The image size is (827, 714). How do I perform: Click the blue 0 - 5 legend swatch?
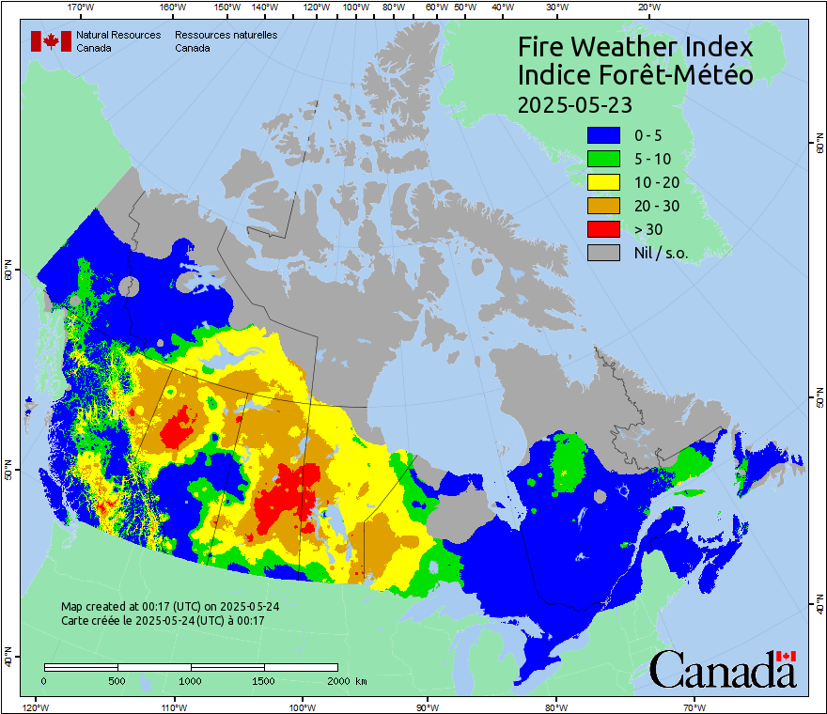tap(603, 135)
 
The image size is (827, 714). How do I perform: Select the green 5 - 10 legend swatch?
tap(603, 159)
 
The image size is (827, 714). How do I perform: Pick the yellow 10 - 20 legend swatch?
tap(603, 182)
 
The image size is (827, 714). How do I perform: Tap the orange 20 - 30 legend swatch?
tap(603, 206)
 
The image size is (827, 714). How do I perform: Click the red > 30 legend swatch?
tap(603, 229)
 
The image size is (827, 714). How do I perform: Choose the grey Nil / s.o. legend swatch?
tap(603, 253)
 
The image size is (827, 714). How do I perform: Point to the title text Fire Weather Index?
tap(635, 47)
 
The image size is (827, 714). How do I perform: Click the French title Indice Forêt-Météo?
tap(635, 75)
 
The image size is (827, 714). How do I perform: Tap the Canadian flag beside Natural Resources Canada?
tap(51, 41)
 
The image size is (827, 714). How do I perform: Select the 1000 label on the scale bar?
tap(191, 680)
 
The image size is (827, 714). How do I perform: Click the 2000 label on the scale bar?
tap(336, 680)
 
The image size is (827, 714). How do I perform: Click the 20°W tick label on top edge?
tap(647, 7)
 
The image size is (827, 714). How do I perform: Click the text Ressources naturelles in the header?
tap(226, 35)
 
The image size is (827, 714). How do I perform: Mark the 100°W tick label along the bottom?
tap(302, 707)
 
